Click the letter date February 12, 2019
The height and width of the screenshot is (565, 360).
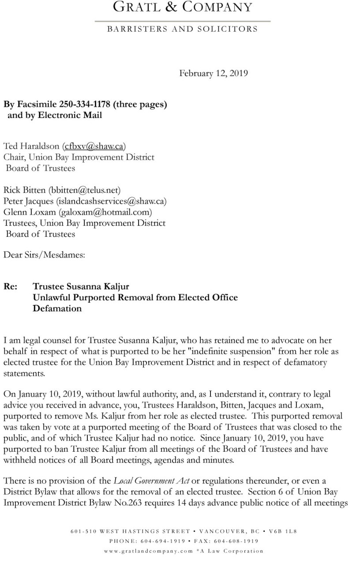(213, 73)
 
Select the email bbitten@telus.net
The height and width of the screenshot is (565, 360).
(84, 190)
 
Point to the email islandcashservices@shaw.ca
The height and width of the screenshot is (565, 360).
(111, 201)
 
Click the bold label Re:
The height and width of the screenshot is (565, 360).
(11, 287)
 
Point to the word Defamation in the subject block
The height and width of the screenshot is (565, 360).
(57, 308)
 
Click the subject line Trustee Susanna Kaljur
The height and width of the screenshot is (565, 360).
(81, 287)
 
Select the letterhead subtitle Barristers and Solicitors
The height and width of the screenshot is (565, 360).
(182, 29)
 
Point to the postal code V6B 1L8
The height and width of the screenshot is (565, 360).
(286, 531)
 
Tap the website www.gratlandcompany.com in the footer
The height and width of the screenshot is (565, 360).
(149, 551)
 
